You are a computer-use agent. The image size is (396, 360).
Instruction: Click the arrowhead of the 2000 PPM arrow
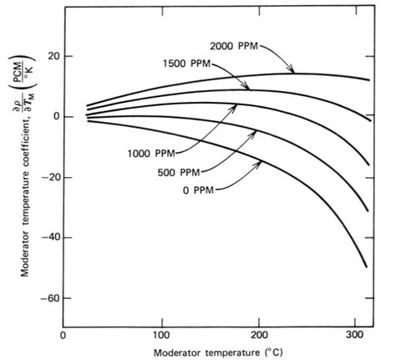tap(295, 74)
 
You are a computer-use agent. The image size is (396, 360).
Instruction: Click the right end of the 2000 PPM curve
tap(368, 80)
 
